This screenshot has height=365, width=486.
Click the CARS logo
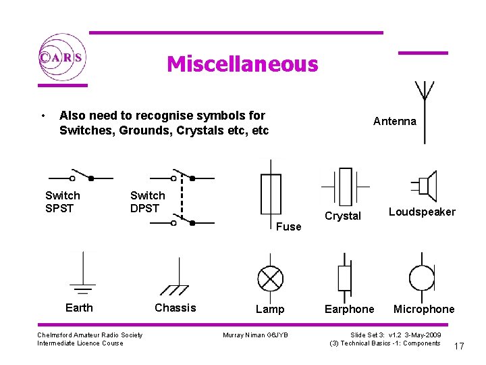click(61, 57)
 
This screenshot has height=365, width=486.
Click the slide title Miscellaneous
click(242, 64)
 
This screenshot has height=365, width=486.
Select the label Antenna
click(395, 122)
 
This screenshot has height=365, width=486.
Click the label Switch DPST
click(147, 202)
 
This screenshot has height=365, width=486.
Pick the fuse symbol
click(271, 195)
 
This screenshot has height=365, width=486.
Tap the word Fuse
click(288, 227)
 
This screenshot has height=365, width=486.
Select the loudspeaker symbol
click(425, 185)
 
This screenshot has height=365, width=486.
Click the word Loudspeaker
click(422, 212)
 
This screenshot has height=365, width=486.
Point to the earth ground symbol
click(82, 277)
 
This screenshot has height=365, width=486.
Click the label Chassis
click(175, 308)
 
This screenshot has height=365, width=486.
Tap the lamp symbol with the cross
click(271, 278)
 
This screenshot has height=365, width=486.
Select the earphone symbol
click(345, 278)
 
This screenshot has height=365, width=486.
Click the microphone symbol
click(423, 278)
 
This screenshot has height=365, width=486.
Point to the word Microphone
click(424, 310)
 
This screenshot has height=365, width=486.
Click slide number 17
click(459, 347)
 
